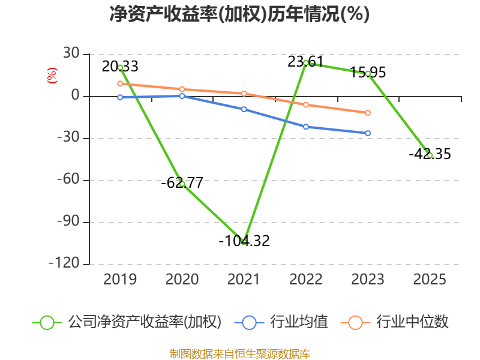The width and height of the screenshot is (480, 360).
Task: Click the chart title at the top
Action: [239, 14]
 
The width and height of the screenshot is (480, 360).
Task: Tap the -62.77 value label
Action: [182, 182]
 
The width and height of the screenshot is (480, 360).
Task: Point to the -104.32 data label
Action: [244, 241]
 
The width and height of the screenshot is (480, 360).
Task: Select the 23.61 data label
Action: [306, 61]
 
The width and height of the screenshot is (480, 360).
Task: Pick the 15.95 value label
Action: [368, 73]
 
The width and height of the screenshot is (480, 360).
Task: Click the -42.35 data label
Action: [430, 154]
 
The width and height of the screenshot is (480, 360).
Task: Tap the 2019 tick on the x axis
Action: [120, 279]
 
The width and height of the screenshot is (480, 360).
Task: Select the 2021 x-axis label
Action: [244, 279]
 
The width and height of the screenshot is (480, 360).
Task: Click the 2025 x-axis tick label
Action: [430, 279]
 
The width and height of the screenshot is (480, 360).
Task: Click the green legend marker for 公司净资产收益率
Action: [47, 322]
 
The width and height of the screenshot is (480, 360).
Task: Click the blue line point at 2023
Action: [368, 133]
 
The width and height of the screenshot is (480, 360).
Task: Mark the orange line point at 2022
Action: [306, 104]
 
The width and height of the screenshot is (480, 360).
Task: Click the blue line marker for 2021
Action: [244, 109]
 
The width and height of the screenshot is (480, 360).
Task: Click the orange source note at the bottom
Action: [239, 353]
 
